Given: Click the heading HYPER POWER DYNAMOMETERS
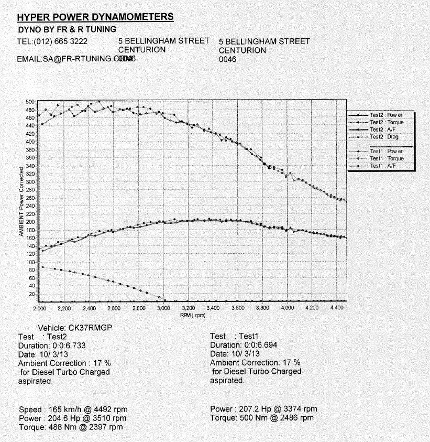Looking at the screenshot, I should click(x=95, y=17).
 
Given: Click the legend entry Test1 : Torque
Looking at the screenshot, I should click(x=387, y=158).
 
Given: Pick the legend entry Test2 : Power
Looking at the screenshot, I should click(x=386, y=115).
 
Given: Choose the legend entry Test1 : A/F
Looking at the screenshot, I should click(x=383, y=166).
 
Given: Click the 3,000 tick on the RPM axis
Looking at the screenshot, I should click(x=163, y=309).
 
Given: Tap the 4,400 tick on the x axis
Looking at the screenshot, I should click(x=337, y=309).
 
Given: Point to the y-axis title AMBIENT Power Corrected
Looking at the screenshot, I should click(x=21, y=202).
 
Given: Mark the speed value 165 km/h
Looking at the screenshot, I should click(x=63, y=409).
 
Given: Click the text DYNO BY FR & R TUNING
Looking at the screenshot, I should click(x=67, y=29).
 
